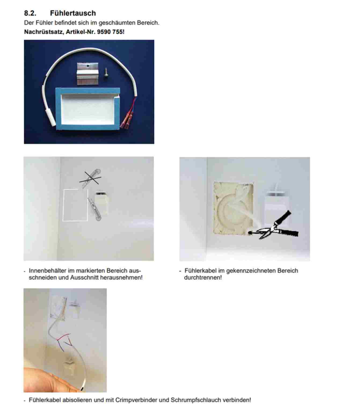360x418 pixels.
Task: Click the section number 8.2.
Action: tap(30, 13)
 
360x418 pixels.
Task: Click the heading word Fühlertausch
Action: tap(73, 13)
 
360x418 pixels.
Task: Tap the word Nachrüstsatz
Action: tap(43, 32)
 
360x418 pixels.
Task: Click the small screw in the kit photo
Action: tap(106, 72)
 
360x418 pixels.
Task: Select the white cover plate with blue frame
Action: tap(88, 109)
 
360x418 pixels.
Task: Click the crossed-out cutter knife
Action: tap(90, 178)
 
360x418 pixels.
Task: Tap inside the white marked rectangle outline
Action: tap(75, 205)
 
